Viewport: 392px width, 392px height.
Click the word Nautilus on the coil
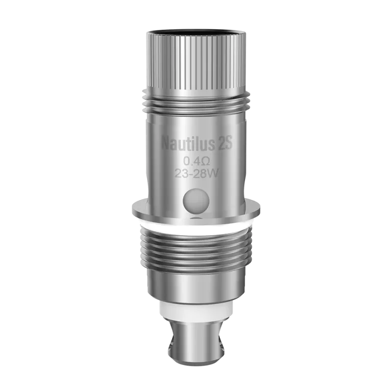pyautogui.click(x=189, y=143)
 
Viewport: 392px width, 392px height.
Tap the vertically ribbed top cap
pyautogui.click(x=196, y=59)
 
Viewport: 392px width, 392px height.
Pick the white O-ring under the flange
pyautogui.click(x=196, y=226)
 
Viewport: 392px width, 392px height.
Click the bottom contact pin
pyautogui.click(x=196, y=343)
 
